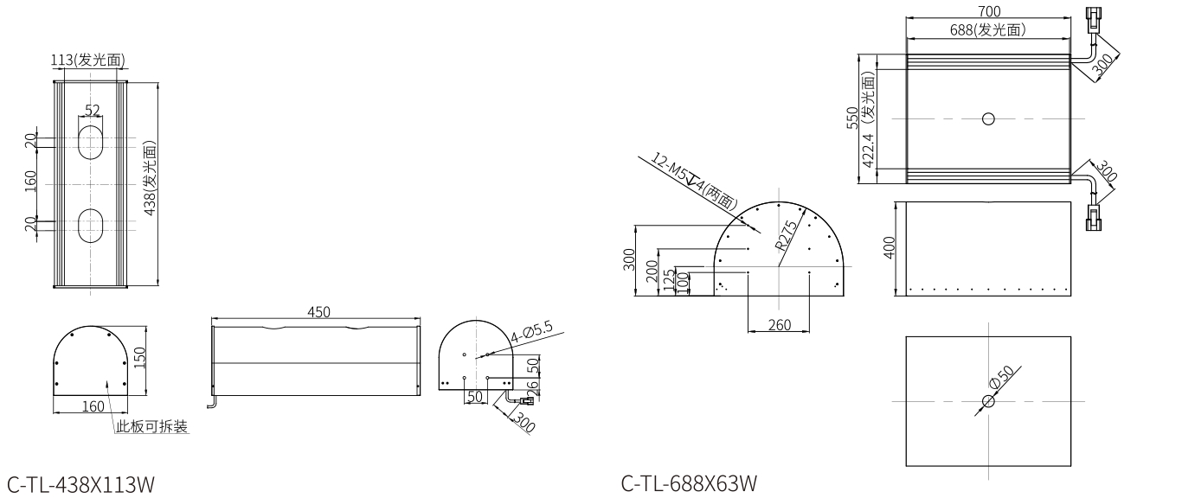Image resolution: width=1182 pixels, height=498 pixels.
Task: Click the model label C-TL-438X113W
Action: point(84,482)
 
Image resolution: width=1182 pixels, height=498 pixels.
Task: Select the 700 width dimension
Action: point(989,11)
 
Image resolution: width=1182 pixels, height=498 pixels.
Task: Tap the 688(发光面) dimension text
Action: point(987,30)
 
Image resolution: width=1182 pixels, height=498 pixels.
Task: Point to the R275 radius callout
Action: point(788,233)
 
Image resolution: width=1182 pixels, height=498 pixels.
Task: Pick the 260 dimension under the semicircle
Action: point(779,324)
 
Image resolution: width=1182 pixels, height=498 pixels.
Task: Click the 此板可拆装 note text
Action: point(152,426)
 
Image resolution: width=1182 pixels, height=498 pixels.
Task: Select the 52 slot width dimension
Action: point(93,111)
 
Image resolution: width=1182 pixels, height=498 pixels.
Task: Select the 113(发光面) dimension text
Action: point(88,60)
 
